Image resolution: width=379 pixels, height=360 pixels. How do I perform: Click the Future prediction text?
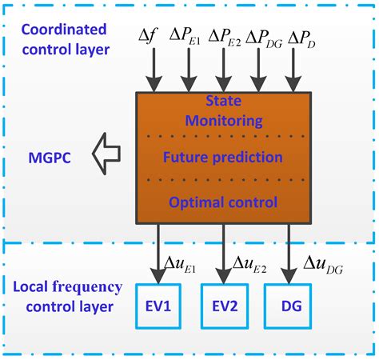223,158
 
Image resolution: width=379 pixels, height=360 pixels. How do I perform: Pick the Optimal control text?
223,203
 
